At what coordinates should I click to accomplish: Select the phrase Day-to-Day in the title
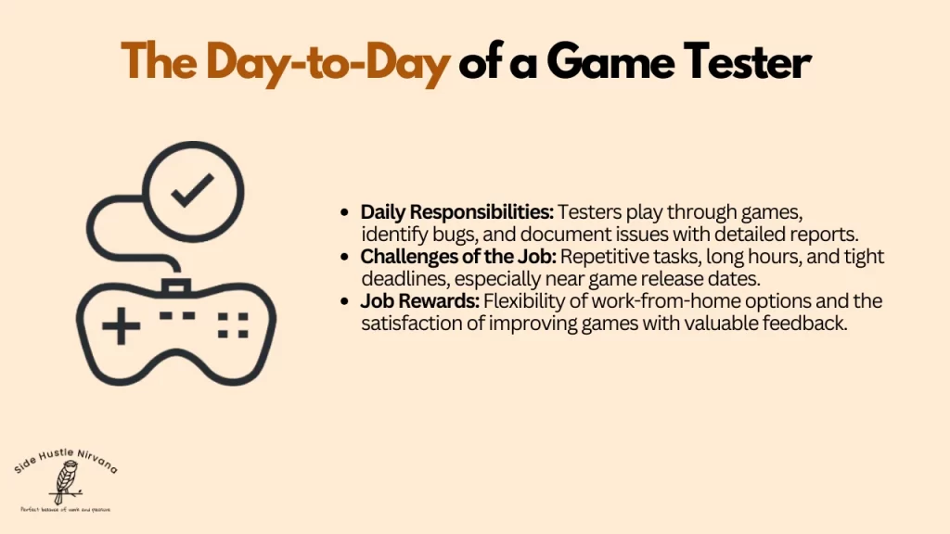(327, 62)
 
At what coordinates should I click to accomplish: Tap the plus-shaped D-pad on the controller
(121, 327)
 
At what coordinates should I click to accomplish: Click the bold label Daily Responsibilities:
(456, 211)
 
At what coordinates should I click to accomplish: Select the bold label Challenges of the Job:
(458, 257)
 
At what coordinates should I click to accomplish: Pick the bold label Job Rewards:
(419, 301)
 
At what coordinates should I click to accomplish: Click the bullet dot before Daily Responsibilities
(346, 212)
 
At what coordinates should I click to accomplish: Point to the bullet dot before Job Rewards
(346, 301)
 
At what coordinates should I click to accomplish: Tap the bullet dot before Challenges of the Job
(346, 257)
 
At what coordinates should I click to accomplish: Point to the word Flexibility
(526, 301)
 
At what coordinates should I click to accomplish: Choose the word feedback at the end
(813, 324)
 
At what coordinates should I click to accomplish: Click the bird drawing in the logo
(65, 483)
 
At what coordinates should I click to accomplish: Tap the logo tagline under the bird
(64, 509)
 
